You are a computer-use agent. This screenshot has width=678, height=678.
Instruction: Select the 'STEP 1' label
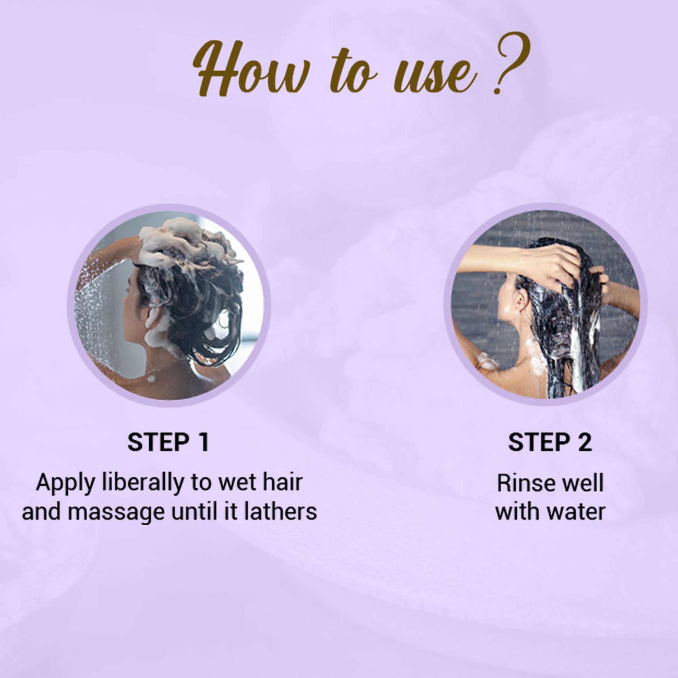pyautogui.click(x=168, y=442)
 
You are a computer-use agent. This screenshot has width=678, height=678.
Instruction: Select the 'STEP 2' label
pyautogui.click(x=550, y=442)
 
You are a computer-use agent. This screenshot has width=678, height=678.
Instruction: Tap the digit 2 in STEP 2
pyautogui.click(x=585, y=442)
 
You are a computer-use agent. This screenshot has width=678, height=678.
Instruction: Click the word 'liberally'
pyautogui.click(x=143, y=483)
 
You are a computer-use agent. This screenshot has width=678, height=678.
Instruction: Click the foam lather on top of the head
pyautogui.click(x=183, y=242)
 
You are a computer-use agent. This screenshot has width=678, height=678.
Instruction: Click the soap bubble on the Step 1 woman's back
pyautogui.click(x=152, y=378)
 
